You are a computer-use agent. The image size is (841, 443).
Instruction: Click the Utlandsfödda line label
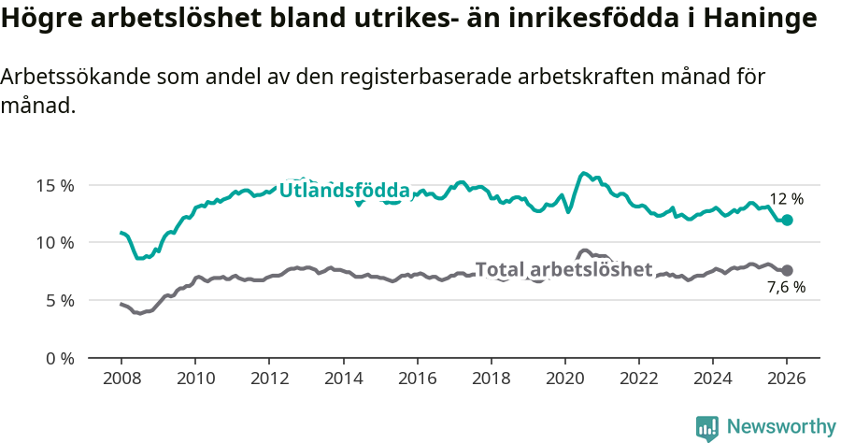tap(345, 191)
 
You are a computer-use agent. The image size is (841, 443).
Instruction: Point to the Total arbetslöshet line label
tap(563, 269)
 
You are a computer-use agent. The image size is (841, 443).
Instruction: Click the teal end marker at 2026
tap(787, 220)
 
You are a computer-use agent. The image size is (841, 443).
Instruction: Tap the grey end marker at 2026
tap(787, 270)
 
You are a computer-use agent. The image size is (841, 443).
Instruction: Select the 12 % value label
tap(786, 199)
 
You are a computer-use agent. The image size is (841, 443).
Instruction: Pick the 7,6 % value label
tap(786, 288)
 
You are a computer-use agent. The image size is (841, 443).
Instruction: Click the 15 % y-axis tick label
tap(55, 185)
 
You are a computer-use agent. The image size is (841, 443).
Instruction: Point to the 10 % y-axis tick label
tap(55, 243)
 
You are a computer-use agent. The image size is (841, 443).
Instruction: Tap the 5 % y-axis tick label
tap(59, 301)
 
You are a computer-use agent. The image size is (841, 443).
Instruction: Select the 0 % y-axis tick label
tap(59, 358)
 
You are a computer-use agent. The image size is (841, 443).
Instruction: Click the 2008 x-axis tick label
tap(121, 380)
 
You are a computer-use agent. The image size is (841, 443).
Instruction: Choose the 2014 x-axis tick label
tap(343, 380)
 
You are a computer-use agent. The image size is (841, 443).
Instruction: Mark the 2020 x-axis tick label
tap(564, 380)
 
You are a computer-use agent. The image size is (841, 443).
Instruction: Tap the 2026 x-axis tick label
tap(787, 380)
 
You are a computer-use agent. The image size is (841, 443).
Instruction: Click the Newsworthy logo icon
tap(707, 427)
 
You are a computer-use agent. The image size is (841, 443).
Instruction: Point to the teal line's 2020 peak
tap(585, 173)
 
